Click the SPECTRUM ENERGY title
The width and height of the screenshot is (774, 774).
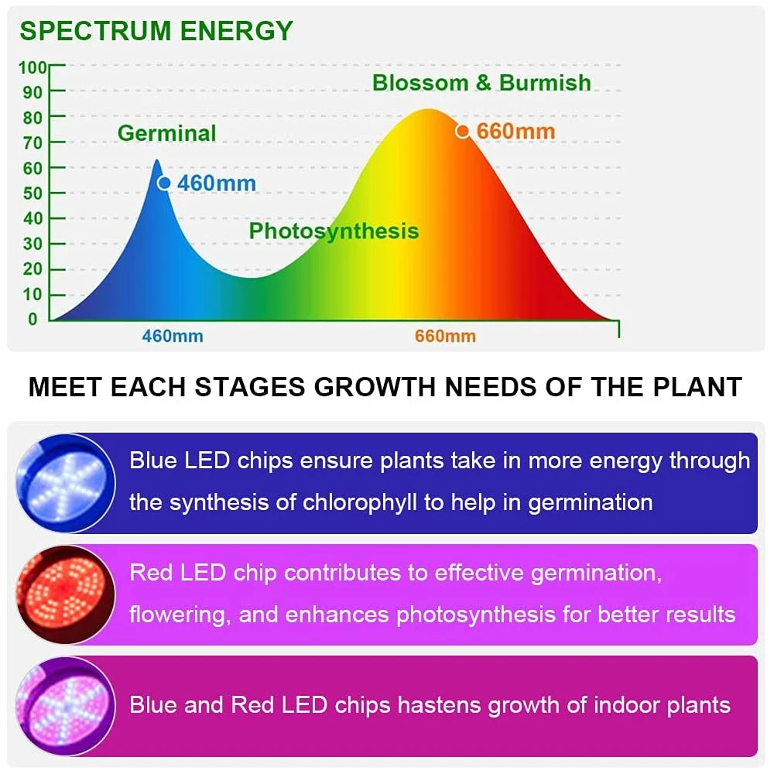156,31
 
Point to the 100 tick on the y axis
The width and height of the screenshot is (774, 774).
33,67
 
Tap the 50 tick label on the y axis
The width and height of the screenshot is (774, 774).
33,193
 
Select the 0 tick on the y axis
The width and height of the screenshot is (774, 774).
33,320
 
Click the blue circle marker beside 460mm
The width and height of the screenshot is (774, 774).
164,183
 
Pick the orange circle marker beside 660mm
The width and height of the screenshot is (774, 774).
463,132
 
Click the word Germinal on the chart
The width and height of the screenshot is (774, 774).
167,133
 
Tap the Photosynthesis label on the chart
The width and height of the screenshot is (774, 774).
334,231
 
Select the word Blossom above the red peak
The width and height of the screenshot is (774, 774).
420,83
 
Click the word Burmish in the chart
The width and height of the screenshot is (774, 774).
545,83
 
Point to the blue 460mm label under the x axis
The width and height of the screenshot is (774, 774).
173,336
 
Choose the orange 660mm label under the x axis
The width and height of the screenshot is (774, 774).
445,336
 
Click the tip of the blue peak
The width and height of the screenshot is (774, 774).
157,160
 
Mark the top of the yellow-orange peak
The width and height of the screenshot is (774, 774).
429,110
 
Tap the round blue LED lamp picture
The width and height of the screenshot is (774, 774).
66,483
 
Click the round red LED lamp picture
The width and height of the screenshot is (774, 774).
66,594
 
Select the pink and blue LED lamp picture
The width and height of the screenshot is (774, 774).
66,706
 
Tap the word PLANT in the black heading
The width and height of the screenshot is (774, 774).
697,386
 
